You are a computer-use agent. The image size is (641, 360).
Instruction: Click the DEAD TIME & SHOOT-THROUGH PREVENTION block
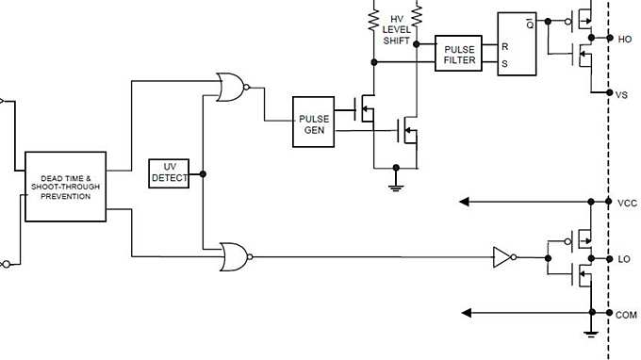65,186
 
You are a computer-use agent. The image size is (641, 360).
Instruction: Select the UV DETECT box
170,173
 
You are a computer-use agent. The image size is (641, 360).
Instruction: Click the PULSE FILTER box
459,55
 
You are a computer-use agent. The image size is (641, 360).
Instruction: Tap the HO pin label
624,39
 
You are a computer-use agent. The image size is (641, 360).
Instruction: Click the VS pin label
622,94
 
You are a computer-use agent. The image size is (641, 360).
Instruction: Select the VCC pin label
626,203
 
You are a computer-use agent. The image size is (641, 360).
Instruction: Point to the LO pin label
623,258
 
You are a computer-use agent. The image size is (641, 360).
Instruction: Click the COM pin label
626,314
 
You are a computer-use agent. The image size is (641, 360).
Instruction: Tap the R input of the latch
505,45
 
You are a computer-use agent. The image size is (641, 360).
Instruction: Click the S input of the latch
505,64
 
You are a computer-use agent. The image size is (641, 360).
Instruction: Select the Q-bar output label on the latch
530,24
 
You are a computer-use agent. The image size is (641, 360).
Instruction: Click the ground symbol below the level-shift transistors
396,186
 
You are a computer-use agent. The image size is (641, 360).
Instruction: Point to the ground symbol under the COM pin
590,332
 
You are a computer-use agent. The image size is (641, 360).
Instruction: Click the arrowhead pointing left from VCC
465,202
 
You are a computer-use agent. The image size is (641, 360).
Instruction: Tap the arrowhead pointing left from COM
465,313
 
